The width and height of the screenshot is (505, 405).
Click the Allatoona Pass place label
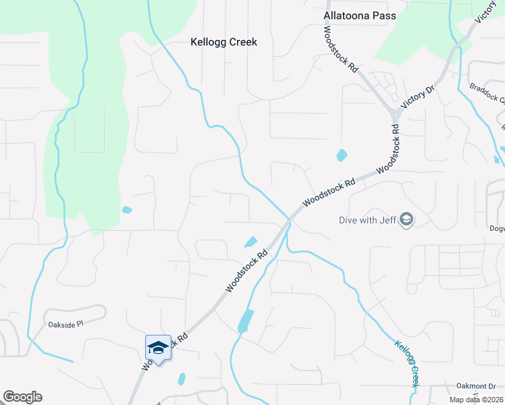[x=359, y=15]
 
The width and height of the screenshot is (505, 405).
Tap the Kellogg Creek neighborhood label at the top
[x=223, y=42]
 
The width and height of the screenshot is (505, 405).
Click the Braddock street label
[x=487, y=92]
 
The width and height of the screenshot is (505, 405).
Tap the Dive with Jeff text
[x=367, y=219]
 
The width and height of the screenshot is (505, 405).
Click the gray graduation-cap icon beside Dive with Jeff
[x=406, y=219]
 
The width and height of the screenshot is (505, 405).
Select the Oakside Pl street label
[x=65, y=324]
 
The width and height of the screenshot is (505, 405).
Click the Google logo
[x=22, y=397]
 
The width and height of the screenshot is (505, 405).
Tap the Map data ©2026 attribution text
[x=474, y=400]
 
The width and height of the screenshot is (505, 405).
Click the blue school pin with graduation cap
[x=158, y=348]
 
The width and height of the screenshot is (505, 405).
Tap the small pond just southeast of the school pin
[x=181, y=379]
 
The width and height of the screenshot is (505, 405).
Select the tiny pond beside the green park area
[x=126, y=210]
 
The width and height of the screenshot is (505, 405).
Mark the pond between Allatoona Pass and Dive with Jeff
[x=341, y=155]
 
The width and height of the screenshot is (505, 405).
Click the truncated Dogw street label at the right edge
[x=496, y=228]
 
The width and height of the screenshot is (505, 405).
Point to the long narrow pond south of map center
[x=245, y=321]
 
